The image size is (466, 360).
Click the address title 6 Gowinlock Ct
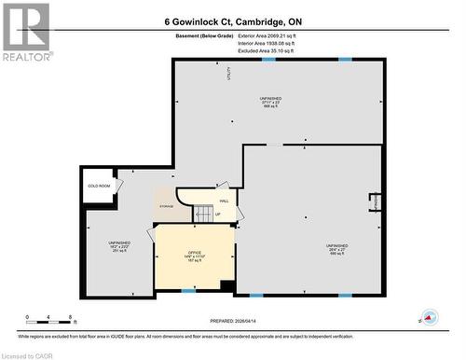233,21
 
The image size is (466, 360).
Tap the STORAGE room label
167,205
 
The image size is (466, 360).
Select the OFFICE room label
195,252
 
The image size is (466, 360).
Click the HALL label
224,201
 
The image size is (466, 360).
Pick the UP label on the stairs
218,215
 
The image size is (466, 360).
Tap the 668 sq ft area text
271,106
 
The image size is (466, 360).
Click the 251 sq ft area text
118,251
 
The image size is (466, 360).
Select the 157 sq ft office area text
195,261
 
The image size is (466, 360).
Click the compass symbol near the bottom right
429,316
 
